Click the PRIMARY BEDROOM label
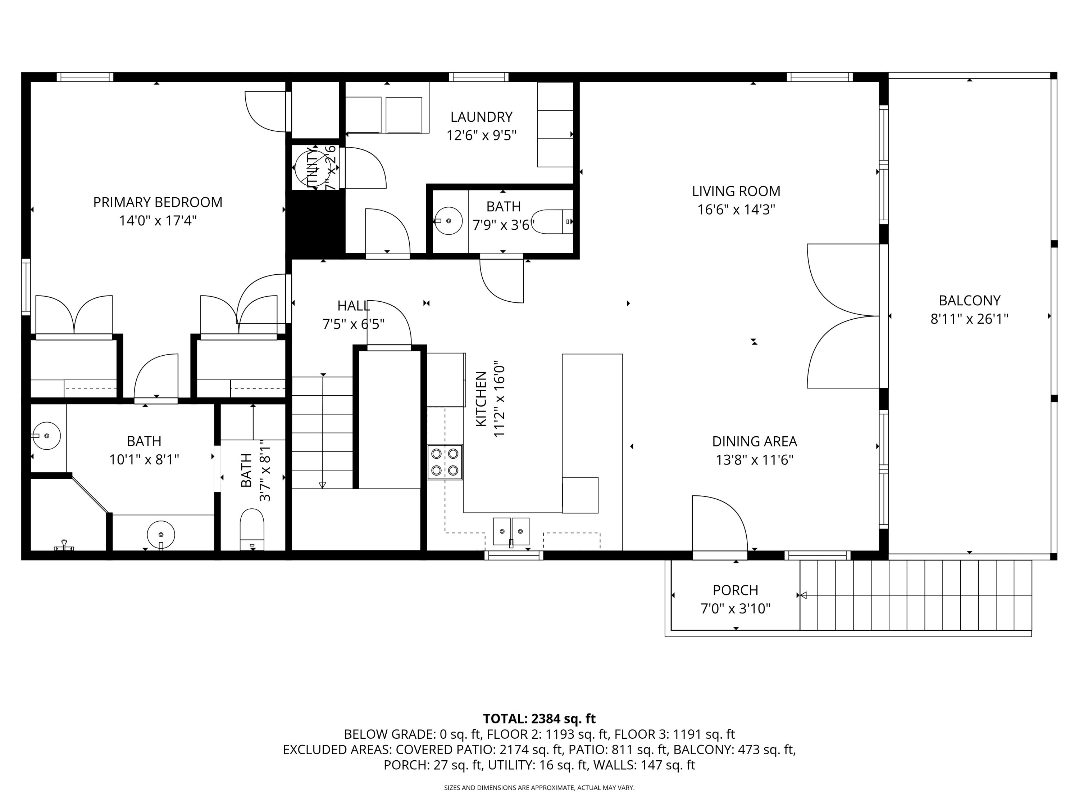click(158, 202)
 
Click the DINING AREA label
click(754, 441)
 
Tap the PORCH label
click(735, 590)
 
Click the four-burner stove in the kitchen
click(445, 462)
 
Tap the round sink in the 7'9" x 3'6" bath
click(448, 221)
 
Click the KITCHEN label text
click(481, 399)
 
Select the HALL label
click(353, 306)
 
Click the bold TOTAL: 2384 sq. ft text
click(539, 719)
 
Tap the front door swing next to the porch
click(719, 525)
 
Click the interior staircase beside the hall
click(322, 432)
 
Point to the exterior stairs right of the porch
click(916, 595)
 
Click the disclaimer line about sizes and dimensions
click(539, 788)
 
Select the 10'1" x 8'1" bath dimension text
click(144, 459)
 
